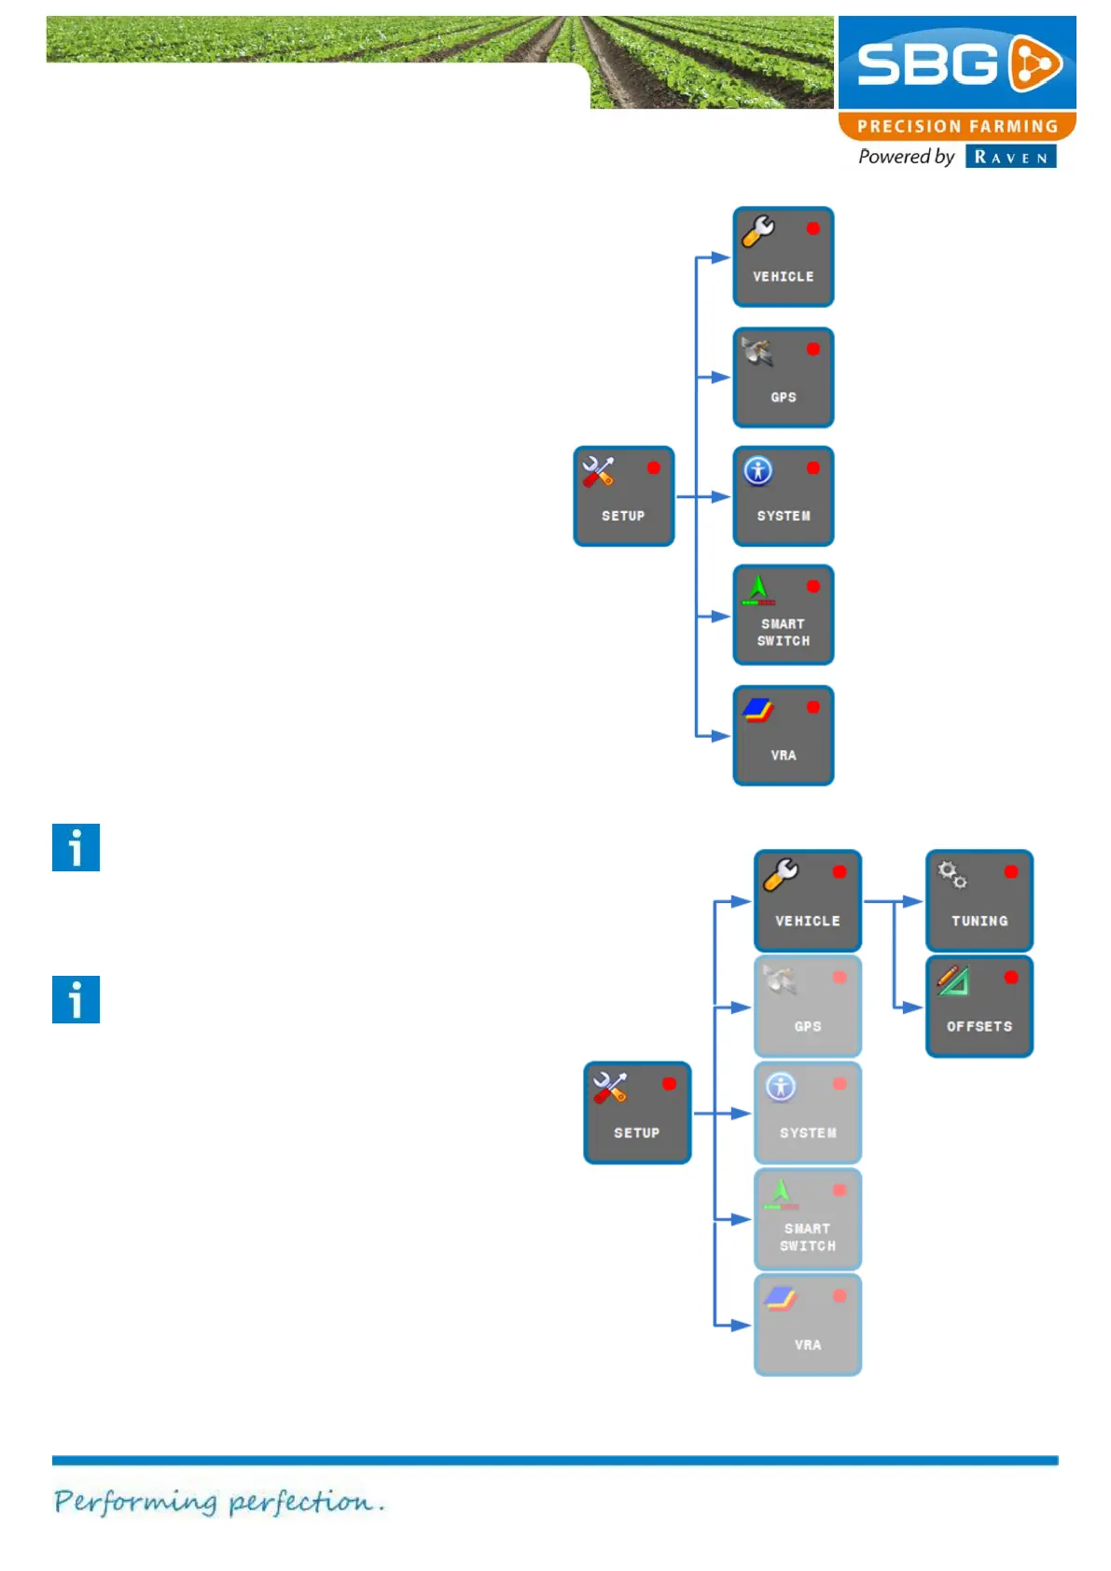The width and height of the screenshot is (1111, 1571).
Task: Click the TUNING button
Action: (979, 900)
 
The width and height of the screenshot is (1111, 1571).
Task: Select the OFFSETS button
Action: (979, 1006)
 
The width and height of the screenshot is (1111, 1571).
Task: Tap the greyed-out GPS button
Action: (807, 1006)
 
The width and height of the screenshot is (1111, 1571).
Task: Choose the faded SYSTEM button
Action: (807, 1112)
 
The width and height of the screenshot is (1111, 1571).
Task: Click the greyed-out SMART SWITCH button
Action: (807, 1218)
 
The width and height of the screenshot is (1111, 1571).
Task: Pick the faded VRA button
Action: (807, 1325)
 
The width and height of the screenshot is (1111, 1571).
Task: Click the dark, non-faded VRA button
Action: (783, 735)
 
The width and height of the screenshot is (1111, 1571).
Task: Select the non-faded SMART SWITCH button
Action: (783, 615)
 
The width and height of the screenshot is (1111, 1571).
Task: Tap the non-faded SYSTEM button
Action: (783, 496)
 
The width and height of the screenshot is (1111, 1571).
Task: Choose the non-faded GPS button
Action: (783, 377)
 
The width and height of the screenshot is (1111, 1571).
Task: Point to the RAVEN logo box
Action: (1010, 157)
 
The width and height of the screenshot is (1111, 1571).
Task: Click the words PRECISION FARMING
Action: (957, 126)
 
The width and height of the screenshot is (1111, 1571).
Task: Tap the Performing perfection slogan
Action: (218, 1501)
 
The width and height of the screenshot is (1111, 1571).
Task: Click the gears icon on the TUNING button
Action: (952, 874)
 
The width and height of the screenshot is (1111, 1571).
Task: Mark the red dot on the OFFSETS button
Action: (1010, 977)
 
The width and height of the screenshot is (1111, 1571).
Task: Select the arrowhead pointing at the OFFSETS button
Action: (913, 1008)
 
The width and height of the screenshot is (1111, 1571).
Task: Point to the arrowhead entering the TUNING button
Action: (913, 901)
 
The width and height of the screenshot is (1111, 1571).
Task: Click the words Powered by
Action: (906, 157)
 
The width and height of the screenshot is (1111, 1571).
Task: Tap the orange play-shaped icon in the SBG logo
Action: (1035, 64)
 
